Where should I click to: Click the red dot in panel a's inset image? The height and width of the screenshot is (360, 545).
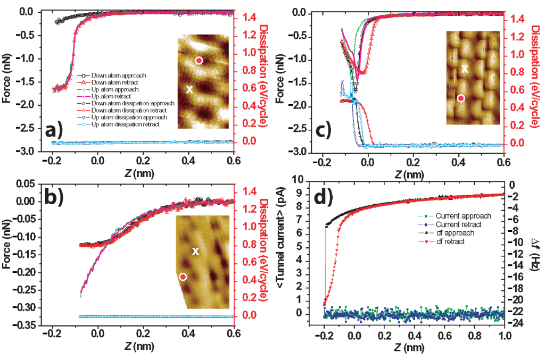[199, 61]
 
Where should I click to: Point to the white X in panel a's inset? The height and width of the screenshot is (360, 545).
[189, 90]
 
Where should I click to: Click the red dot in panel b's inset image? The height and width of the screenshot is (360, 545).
[183, 277]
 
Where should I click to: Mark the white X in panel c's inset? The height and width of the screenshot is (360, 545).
[465, 69]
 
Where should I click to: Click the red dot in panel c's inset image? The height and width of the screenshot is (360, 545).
[461, 98]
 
